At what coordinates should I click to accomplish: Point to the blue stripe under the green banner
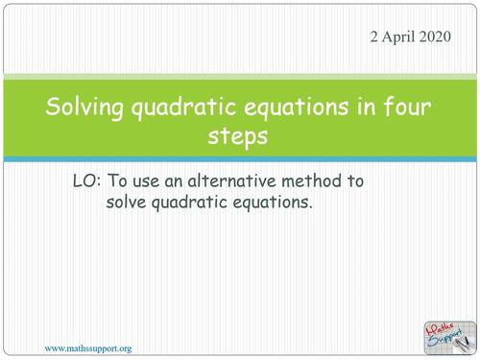pyautogui.click(x=240, y=159)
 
